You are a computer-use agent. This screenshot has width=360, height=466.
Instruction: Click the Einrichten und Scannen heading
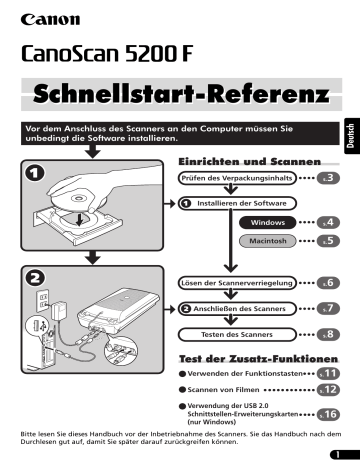click(248, 160)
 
